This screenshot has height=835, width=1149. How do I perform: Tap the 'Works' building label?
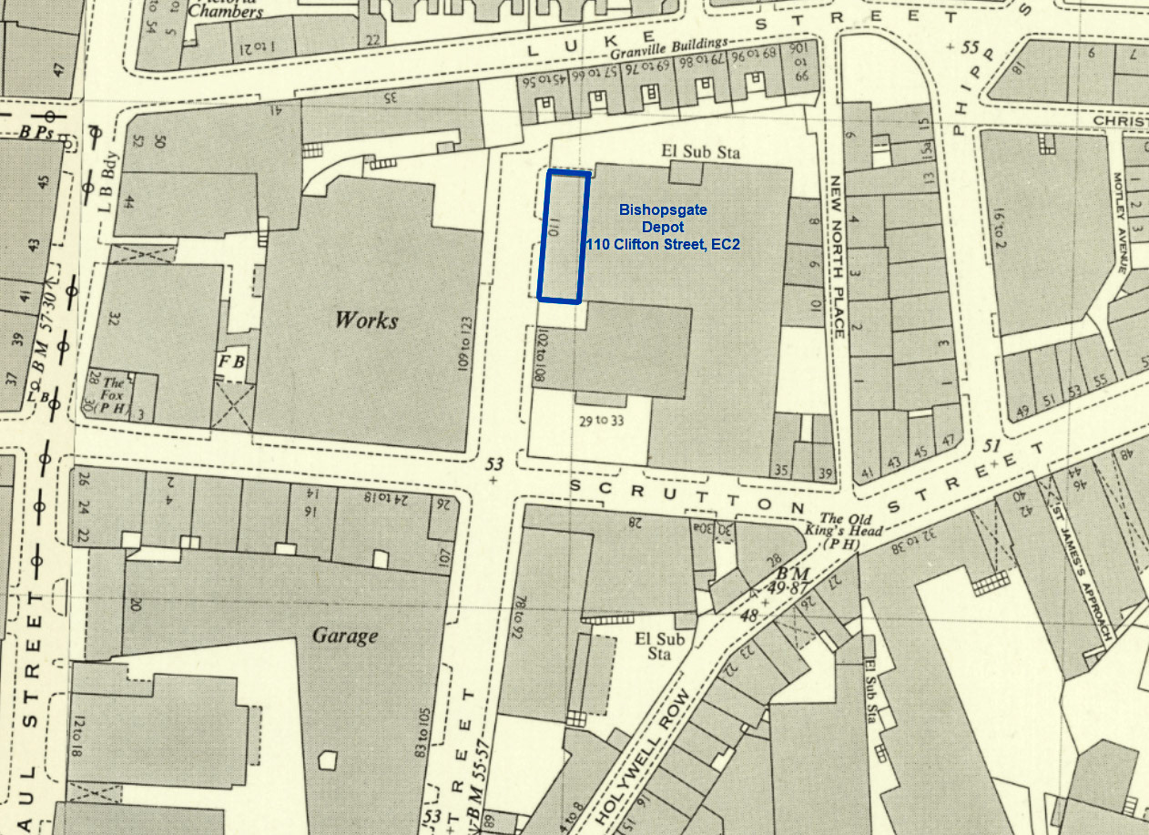click(366, 320)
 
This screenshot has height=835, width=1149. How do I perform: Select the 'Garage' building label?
click(345, 635)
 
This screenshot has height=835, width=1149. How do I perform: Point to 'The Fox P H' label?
click(113, 396)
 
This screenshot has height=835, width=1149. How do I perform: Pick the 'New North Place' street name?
click(838, 255)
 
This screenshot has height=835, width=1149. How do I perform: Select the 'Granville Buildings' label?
click(670, 48)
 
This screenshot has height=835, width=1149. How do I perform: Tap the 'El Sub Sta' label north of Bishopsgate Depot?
click(693, 152)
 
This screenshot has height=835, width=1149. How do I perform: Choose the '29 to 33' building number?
click(603, 421)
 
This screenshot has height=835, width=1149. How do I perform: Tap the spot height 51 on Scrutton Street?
click(991, 445)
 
